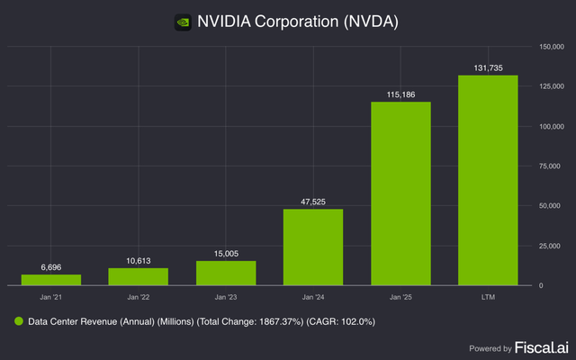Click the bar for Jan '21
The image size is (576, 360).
point(50,280)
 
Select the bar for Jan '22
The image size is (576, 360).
point(138,276)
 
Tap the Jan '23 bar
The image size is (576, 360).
point(226,273)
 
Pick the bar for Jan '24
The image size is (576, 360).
point(313,247)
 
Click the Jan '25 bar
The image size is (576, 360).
point(400,193)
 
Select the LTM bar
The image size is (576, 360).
point(488,180)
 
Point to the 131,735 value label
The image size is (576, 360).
point(488,67)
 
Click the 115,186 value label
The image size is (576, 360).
point(400,94)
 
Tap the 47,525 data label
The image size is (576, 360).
point(313,201)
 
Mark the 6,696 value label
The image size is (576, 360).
point(50,267)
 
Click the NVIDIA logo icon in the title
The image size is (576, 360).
point(184,20)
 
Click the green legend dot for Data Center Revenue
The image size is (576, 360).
point(17,320)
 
